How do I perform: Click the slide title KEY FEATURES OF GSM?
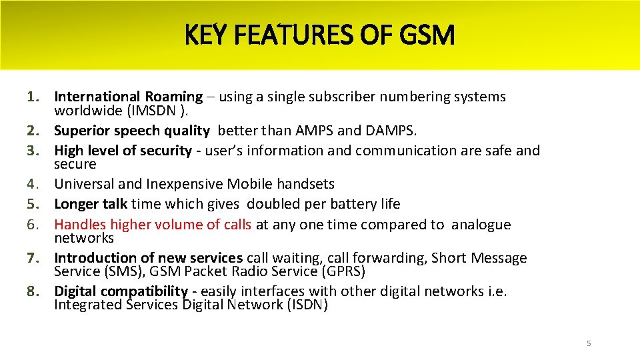click(x=319, y=35)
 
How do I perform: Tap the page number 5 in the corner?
click(x=589, y=343)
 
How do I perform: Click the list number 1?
click(x=36, y=97)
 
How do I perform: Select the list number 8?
click(x=36, y=291)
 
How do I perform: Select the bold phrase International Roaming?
click(x=128, y=97)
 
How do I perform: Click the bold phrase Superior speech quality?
click(x=132, y=131)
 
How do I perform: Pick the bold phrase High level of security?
click(x=123, y=151)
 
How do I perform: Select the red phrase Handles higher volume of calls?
click(x=153, y=225)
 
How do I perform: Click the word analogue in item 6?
click(x=481, y=225)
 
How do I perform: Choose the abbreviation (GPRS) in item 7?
click(x=342, y=271)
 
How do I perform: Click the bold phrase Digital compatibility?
click(x=121, y=291)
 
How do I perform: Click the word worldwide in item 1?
click(x=85, y=111)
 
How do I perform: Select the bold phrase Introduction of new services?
click(x=148, y=258)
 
